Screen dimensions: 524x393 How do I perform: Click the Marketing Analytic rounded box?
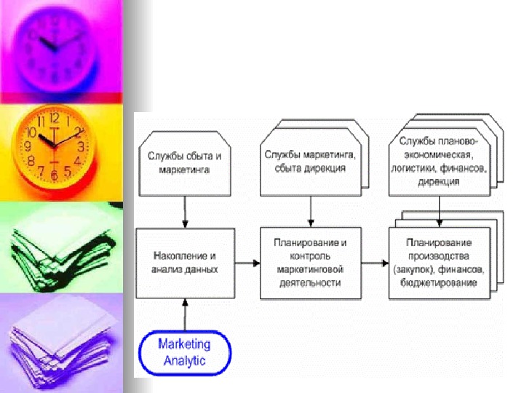point(185,352)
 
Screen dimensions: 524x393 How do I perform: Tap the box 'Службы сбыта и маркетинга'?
point(184,163)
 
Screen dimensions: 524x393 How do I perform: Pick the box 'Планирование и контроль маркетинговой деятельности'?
point(310,263)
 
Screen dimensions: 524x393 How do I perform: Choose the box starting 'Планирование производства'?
point(439,263)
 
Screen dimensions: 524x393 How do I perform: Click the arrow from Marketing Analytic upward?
point(186,314)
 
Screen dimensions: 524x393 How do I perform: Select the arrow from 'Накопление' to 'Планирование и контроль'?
point(247,263)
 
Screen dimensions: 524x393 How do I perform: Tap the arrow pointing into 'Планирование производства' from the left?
point(375,263)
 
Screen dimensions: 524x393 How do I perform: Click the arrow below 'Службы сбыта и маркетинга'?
point(186,212)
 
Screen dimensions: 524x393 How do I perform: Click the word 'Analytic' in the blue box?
point(185,360)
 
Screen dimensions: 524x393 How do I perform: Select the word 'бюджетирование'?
point(439,283)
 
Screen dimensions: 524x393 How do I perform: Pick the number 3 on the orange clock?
point(82,146)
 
